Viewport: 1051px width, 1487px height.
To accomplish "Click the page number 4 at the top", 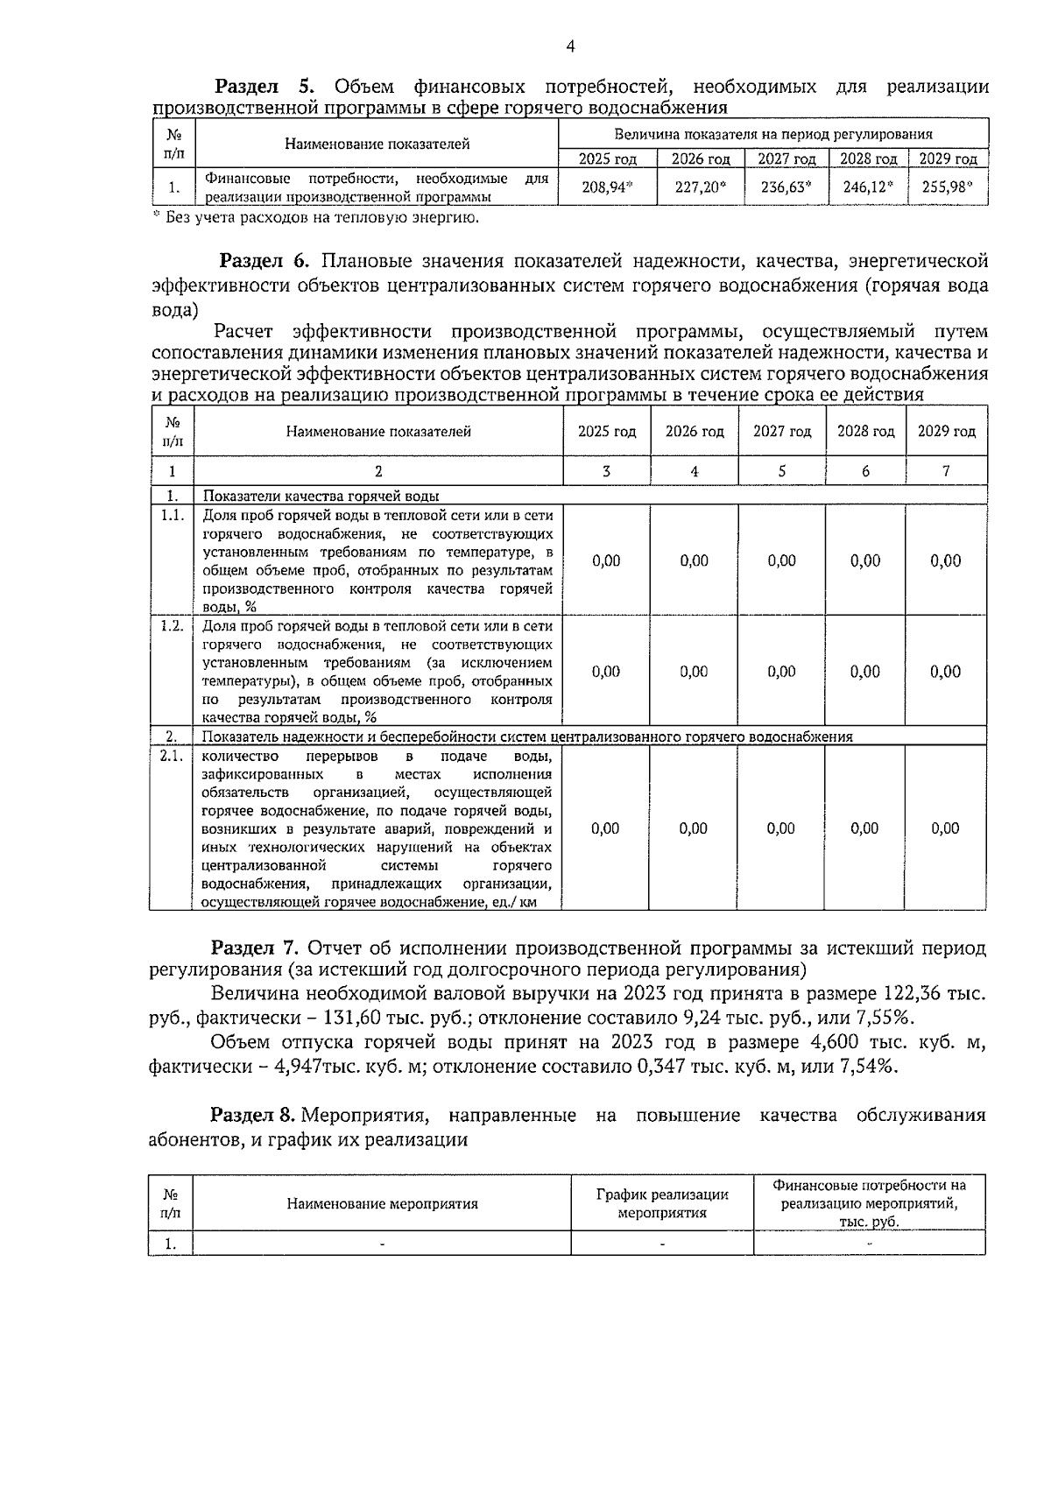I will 570,47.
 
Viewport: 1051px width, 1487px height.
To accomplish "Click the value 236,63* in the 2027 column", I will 786,187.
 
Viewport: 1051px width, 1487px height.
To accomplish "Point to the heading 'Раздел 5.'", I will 263,87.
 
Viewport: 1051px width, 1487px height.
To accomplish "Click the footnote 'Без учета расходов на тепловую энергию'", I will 321,217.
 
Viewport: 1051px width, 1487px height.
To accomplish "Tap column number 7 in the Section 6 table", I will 946,471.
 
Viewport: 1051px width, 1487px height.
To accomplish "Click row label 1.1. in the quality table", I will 172,516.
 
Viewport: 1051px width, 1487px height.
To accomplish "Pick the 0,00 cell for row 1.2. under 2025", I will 606,672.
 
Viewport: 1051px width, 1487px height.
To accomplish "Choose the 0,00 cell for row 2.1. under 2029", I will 945,828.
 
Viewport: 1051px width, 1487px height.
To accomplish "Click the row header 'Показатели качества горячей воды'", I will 321,496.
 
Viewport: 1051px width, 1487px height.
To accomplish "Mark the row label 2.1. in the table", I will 172,756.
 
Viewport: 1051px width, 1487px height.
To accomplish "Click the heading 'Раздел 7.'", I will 255,948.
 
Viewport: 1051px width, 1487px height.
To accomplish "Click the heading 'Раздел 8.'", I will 255,1115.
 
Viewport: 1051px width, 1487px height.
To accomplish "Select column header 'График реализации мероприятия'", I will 662,1203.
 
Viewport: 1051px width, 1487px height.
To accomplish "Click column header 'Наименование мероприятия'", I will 382,1203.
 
